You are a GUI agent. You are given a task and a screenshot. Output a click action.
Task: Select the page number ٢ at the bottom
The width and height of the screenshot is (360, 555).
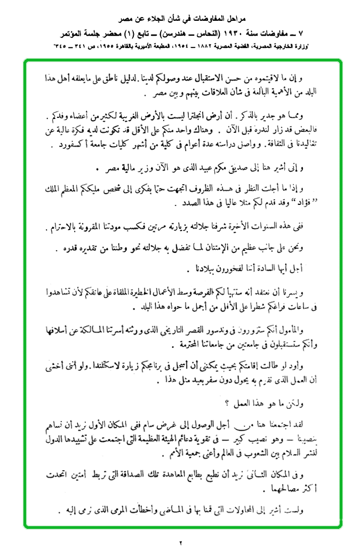pos(180,543)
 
